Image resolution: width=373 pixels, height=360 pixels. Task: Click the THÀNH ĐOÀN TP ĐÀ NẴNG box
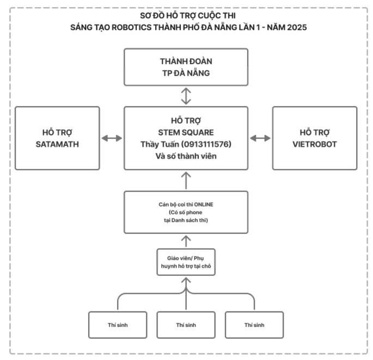click(186, 66)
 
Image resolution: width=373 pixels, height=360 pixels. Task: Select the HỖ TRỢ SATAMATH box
click(57, 138)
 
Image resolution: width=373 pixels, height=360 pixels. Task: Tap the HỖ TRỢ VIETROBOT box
click(315, 138)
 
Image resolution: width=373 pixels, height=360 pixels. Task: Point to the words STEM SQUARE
click(186, 132)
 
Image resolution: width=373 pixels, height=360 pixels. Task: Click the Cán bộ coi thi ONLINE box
click(186, 212)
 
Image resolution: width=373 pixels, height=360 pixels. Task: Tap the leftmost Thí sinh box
click(118, 325)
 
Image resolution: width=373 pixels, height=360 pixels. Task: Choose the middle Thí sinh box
click(186, 325)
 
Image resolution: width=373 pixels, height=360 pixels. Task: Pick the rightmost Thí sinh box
click(254, 325)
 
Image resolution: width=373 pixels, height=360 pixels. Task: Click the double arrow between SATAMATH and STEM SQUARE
click(112, 138)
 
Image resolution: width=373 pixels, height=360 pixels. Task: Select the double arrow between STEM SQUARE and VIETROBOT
click(260, 138)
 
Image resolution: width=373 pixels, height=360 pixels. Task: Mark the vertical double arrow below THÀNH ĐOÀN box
click(186, 96)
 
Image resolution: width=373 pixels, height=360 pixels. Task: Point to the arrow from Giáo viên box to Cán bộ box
click(186, 239)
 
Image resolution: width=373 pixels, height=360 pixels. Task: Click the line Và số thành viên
click(186, 156)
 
